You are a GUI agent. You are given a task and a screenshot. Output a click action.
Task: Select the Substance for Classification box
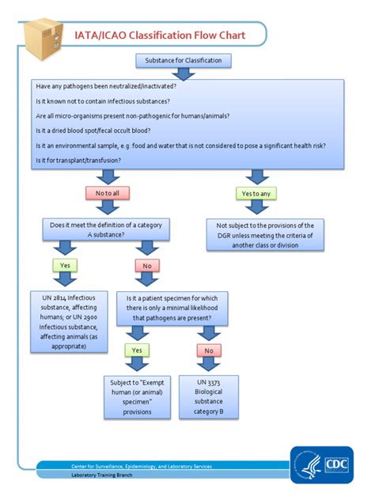184,59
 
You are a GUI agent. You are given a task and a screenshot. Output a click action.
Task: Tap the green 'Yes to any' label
258,193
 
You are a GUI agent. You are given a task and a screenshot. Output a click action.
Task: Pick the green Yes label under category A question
64,266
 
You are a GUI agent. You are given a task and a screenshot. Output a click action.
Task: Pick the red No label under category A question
147,266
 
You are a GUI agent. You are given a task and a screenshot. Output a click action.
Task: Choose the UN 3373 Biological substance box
209,396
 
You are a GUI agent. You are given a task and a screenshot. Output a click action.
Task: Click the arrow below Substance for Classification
184,74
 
